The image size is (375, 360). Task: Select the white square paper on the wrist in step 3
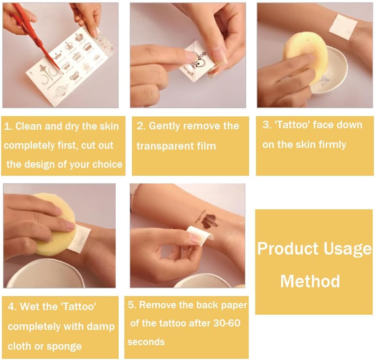pyautogui.click(x=343, y=26)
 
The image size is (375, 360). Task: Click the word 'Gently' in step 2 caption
pyautogui.click(x=164, y=126)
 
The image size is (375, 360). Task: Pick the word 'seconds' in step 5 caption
pyautogui.click(x=146, y=342)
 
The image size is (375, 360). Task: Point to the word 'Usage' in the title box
pyautogui.click(x=348, y=249)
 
